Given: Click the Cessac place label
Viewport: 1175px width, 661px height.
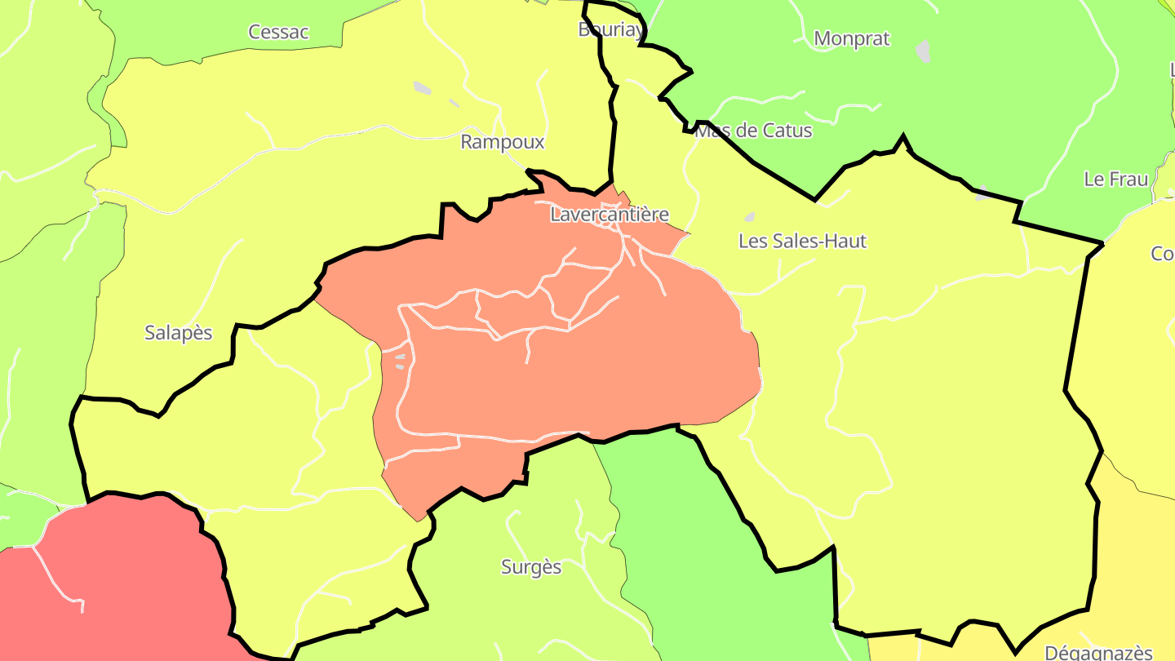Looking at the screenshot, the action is click(x=278, y=32).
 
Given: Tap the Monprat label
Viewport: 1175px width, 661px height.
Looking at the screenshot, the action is click(x=851, y=38).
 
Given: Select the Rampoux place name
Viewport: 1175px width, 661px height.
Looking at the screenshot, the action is click(x=502, y=142).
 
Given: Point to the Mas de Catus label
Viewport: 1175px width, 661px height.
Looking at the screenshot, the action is click(x=752, y=131).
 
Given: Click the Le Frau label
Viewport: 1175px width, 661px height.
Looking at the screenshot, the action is click(x=1115, y=180).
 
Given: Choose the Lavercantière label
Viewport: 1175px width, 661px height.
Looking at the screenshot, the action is click(x=609, y=215).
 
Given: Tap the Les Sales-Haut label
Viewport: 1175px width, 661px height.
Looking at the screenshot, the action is click(x=802, y=241).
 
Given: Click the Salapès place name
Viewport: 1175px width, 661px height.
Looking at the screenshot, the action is click(x=178, y=333).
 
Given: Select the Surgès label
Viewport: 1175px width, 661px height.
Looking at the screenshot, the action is click(x=531, y=567).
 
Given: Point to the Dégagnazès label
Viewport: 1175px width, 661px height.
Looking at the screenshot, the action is click(x=1098, y=652).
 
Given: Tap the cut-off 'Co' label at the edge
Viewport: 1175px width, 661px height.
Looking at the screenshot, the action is click(x=1163, y=254).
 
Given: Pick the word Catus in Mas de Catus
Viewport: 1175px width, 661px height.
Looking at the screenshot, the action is click(x=787, y=131).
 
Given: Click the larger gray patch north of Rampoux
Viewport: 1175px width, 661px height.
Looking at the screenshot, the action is click(x=422, y=87).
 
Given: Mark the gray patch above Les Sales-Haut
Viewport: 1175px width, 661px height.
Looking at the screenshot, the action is click(x=749, y=217).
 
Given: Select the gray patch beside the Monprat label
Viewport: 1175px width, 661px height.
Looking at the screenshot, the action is click(x=923, y=51).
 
